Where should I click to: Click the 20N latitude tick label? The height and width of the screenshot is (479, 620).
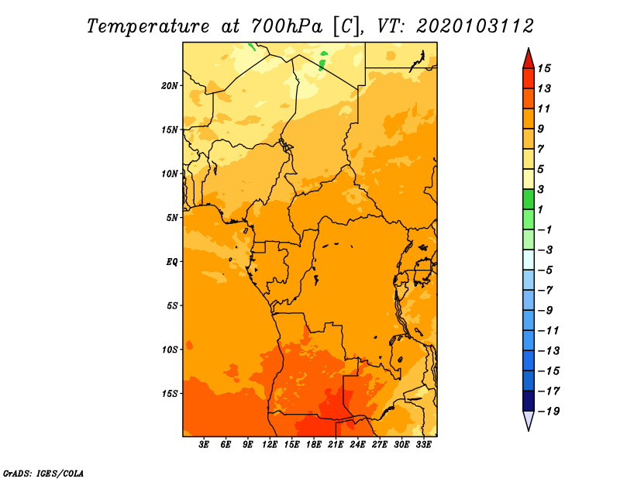tap(170, 86)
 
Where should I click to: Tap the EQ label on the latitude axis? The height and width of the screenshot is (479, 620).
tap(172, 262)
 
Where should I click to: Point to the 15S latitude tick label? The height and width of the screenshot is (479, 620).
tap(170, 394)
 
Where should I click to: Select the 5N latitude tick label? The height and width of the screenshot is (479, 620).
tap(172, 218)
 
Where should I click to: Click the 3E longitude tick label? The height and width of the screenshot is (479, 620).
tap(204, 445)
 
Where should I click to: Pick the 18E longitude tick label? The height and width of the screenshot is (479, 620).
tap(314, 445)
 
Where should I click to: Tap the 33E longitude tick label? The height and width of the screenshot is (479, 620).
tap(423, 445)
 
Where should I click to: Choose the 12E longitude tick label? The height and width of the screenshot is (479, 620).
tap(270, 445)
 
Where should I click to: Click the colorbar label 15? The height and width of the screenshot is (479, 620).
tap(544, 68)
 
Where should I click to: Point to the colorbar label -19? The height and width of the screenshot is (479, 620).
tap(549, 412)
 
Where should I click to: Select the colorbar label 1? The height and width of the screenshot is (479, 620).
tap(541, 209)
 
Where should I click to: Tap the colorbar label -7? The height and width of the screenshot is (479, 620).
tap(546, 291)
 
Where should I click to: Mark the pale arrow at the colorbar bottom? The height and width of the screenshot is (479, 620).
tap(529, 419)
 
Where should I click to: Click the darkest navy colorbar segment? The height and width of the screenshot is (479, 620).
tap(529, 401)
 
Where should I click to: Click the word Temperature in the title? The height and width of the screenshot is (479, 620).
tap(148, 26)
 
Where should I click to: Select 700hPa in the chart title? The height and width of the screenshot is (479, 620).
tap(287, 26)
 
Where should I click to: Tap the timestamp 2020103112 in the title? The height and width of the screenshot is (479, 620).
tap(475, 26)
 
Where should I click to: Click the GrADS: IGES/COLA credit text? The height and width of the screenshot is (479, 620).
tap(43, 474)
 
